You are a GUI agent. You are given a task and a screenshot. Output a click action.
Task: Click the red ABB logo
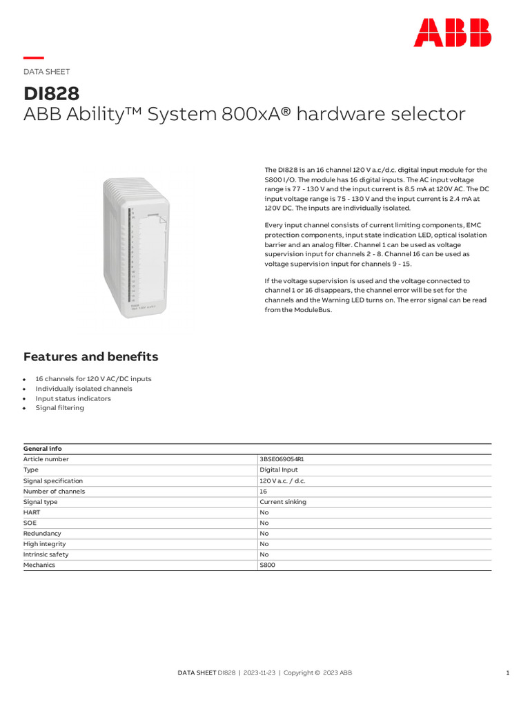(x=452, y=32)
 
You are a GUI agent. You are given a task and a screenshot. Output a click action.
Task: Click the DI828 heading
(x=52, y=93)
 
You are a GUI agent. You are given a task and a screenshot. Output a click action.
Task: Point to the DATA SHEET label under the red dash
(x=46, y=72)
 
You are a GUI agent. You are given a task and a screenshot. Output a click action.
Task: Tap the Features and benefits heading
(x=90, y=357)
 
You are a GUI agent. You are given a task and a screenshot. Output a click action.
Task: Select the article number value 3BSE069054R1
(x=282, y=459)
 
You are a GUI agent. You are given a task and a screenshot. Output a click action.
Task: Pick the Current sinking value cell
(x=283, y=502)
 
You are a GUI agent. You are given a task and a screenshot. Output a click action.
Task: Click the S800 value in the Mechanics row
(x=267, y=565)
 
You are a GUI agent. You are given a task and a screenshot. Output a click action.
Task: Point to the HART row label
(x=32, y=512)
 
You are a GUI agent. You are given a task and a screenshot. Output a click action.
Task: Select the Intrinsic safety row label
(x=46, y=554)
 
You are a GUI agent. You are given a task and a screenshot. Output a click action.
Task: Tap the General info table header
(x=43, y=449)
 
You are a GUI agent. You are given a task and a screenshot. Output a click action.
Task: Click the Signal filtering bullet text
(x=60, y=408)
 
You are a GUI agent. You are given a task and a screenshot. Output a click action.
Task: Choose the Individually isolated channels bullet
(x=84, y=389)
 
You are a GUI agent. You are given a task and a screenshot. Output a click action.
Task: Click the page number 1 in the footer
(x=507, y=672)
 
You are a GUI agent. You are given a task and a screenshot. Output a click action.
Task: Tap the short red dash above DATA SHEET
(x=34, y=58)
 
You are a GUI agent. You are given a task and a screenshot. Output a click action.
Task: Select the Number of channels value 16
(x=264, y=492)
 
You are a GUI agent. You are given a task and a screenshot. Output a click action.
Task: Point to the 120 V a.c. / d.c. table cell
(x=282, y=481)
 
